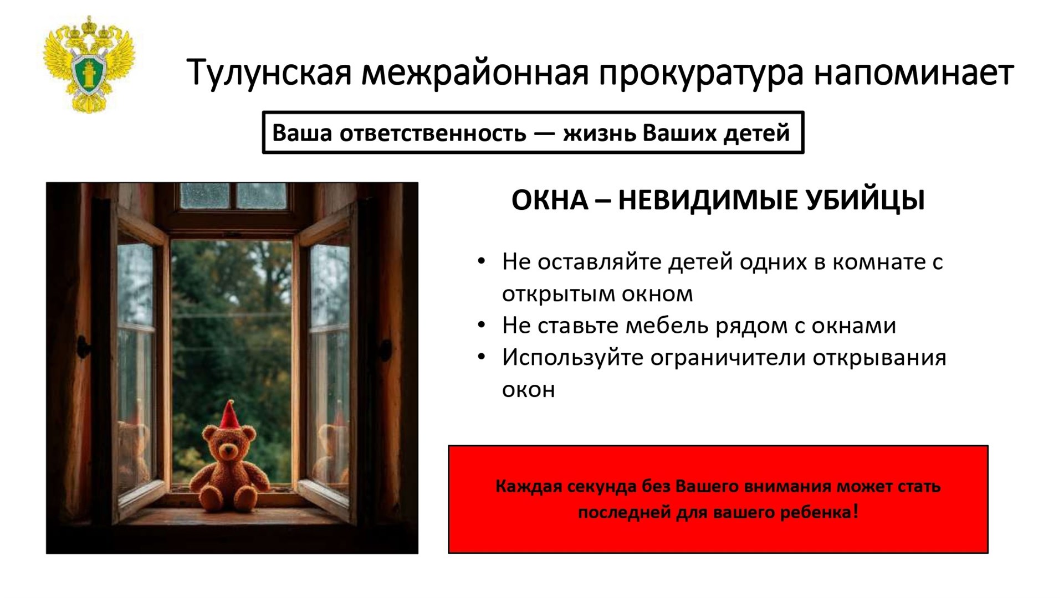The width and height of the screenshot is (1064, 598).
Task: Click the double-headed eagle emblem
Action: [x=89, y=65]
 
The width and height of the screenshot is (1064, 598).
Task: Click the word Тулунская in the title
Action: [x=269, y=72]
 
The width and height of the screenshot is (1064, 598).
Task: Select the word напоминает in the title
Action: [x=914, y=73]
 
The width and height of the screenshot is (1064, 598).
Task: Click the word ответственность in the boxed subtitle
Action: [x=432, y=133]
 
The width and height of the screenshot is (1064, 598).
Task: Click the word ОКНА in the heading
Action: [x=549, y=200]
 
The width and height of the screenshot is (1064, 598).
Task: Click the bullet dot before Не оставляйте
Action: [x=481, y=261]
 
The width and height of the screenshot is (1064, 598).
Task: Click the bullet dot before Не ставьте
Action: [x=481, y=326]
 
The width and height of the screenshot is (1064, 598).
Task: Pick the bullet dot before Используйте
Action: [x=481, y=357]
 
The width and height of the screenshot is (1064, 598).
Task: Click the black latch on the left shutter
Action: [x=83, y=347]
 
